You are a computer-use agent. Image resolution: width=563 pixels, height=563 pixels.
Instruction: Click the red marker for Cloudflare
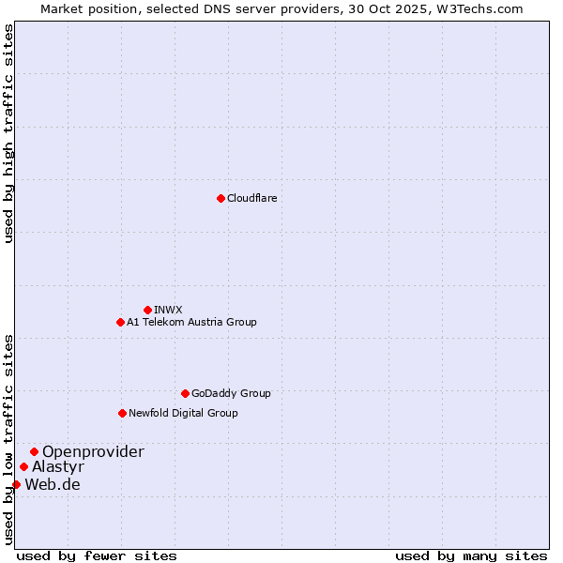221,198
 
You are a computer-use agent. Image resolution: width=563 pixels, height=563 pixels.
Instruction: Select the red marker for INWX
147,310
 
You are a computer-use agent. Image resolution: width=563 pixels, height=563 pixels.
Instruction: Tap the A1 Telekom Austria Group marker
120,322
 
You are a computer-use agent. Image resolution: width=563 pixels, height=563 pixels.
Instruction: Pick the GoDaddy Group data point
185,393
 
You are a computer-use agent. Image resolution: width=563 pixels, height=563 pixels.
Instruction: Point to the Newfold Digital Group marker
122,413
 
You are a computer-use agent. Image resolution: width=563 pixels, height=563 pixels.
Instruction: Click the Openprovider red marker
34,451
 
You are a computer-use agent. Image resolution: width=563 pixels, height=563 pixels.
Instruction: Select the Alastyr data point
23,466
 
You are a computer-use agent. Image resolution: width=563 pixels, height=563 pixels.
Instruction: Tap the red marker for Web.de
16,484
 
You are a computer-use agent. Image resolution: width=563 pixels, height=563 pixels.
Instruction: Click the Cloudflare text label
251,198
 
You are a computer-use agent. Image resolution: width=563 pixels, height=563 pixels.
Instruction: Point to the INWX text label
168,310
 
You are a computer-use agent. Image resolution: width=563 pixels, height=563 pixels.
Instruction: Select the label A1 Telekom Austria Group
191,322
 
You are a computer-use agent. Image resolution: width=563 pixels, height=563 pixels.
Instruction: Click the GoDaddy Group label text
231,393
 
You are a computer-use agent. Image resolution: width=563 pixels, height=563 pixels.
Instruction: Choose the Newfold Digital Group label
183,413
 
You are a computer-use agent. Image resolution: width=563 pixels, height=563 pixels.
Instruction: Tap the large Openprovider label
93,451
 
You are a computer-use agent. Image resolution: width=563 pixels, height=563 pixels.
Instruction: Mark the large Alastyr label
58,466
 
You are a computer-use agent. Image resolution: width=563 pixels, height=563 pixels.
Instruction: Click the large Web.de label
53,484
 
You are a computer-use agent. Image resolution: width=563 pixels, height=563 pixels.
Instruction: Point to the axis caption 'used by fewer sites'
97,555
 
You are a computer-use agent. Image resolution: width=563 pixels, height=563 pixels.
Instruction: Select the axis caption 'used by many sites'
471,555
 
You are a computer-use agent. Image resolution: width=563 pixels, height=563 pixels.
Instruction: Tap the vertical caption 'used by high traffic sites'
8,133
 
